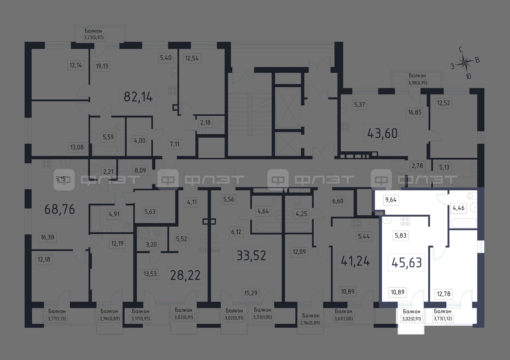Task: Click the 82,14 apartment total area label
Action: pos(138,97)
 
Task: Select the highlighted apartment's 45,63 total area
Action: pos(407,262)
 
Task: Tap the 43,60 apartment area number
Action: pos(382,133)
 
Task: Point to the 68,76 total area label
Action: pos(59,209)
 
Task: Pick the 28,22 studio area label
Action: pos(185,275)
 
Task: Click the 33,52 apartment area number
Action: pos(251,256)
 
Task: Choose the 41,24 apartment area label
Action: pos(355,261)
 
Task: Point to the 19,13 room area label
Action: pos(102,66)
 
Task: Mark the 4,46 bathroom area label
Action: pos(459,208)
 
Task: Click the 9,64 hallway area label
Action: pos(391,200)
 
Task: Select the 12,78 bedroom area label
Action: pos(443,294)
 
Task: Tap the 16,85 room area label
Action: pos(415,112)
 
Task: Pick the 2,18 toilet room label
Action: pos(205,122)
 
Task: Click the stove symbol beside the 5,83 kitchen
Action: pos(405,221)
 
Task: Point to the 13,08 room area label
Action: pos(77,147)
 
